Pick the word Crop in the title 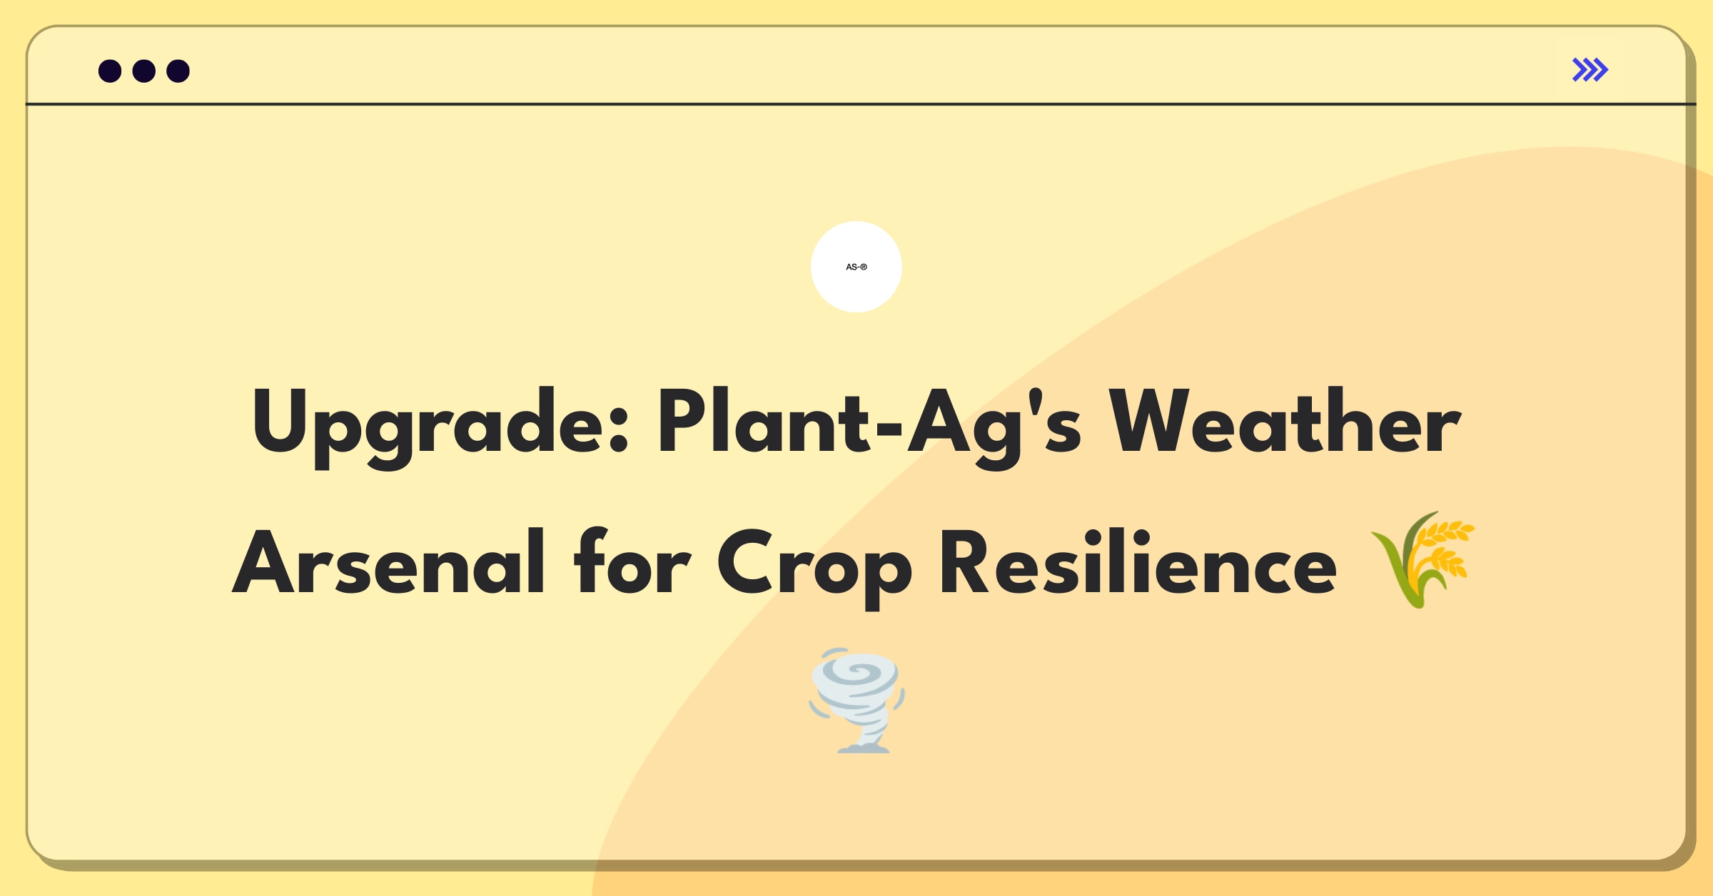(x=814, y=568)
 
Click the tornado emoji (x=856, y=700)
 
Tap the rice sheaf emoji (x=1423, y=559)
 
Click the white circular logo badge (x=856, y=267)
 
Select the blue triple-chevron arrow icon (x=1590, y=70)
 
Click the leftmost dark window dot (x=110, y=71)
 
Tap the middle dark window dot (x=144, y=71)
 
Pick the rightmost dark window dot (x=178, y=71)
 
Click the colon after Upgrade (x=619, y=427)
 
